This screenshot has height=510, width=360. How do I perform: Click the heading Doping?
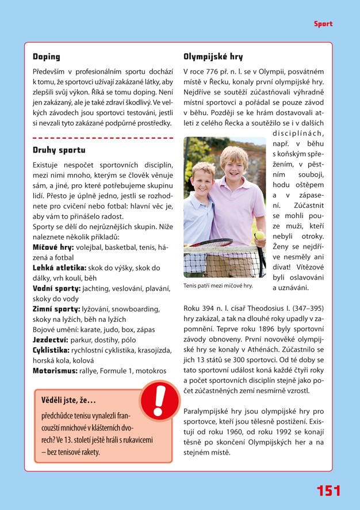(x=47, y=57)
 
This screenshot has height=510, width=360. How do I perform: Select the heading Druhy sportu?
(x=59, y=151)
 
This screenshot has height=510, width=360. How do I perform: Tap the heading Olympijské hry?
(x=213, y=57)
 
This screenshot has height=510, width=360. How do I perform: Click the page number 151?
(x=328, y=490)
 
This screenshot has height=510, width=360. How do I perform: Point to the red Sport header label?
(x=323, y=24)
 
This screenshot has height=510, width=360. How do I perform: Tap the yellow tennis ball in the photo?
(x=259, y=235)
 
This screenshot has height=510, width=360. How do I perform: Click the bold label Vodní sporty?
(x=57, y=289)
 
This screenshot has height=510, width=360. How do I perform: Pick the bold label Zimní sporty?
(x=56, y=309)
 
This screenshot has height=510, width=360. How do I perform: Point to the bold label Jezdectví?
(x=51, y=340)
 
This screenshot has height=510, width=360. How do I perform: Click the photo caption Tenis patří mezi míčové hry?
(x=218, y=286)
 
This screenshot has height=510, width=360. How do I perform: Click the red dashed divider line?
(x=103, y=138)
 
